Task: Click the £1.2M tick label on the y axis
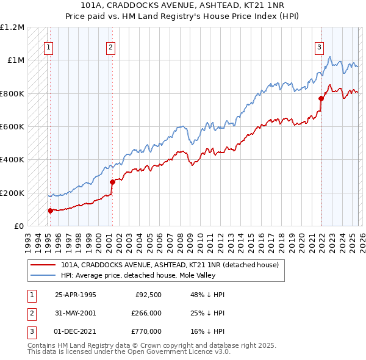[12, 27]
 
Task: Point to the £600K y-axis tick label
[12, 127]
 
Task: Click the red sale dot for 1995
[50, 211]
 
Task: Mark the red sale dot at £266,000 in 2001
[112, 182]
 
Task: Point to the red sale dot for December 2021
[321, 98]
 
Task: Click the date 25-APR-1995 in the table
[76, 295]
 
